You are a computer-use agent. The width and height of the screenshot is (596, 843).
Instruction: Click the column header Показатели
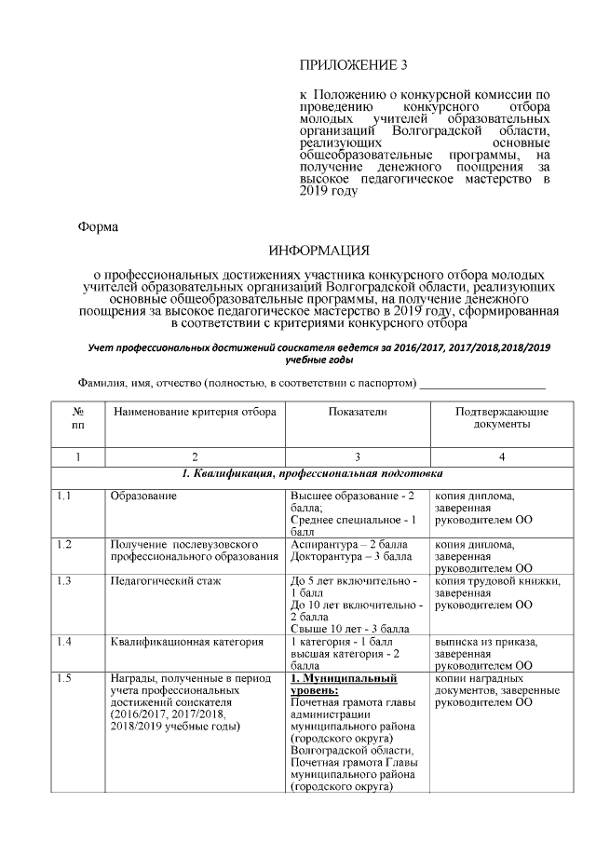(x=357, y=411)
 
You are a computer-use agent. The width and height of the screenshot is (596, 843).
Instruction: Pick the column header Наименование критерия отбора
(x=195, y=411)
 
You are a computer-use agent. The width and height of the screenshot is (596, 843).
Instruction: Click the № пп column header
(x=78, y=417)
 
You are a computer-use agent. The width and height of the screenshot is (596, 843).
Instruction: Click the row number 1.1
(x=64, y=496)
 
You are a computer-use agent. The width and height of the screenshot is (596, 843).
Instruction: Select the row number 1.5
(x=64, y=678)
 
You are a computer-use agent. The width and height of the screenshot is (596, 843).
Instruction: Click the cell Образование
(x=143, y=496)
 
